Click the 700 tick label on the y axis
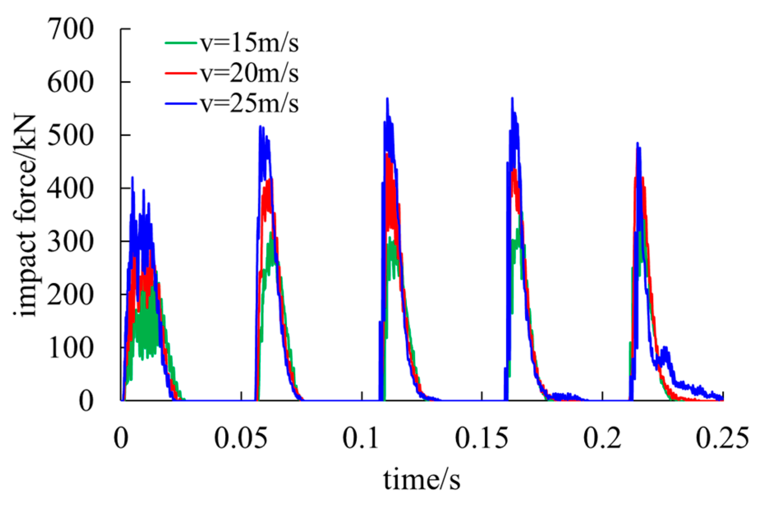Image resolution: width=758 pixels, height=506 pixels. tap(71, 30)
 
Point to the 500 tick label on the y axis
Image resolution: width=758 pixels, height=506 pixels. tap(71, 135)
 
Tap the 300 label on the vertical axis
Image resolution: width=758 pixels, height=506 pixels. tap(71, 242)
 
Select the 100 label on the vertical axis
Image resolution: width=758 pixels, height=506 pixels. tap(71, 348)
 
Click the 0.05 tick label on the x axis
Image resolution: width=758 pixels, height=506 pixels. tap(241, 438)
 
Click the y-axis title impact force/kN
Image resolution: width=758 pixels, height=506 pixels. tap(25, 215)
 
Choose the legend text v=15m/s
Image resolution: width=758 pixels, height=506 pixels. tap(249, 42)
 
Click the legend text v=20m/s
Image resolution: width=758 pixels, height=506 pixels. tap(249, 73)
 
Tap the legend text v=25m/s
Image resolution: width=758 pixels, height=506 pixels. tap(249, 103)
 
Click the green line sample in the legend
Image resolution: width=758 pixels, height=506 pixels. tap(181, 42)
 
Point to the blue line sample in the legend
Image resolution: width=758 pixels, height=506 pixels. tap(181, 103)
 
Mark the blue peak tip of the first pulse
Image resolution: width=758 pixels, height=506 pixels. tap(132, 177)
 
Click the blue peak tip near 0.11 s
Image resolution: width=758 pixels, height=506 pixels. tap(387, 98)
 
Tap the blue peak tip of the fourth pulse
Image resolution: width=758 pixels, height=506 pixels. tap(512, 98)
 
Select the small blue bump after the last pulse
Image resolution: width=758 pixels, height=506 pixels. tap(665, 349)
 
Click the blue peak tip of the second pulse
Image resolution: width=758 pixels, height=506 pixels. tap(260, 126)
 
